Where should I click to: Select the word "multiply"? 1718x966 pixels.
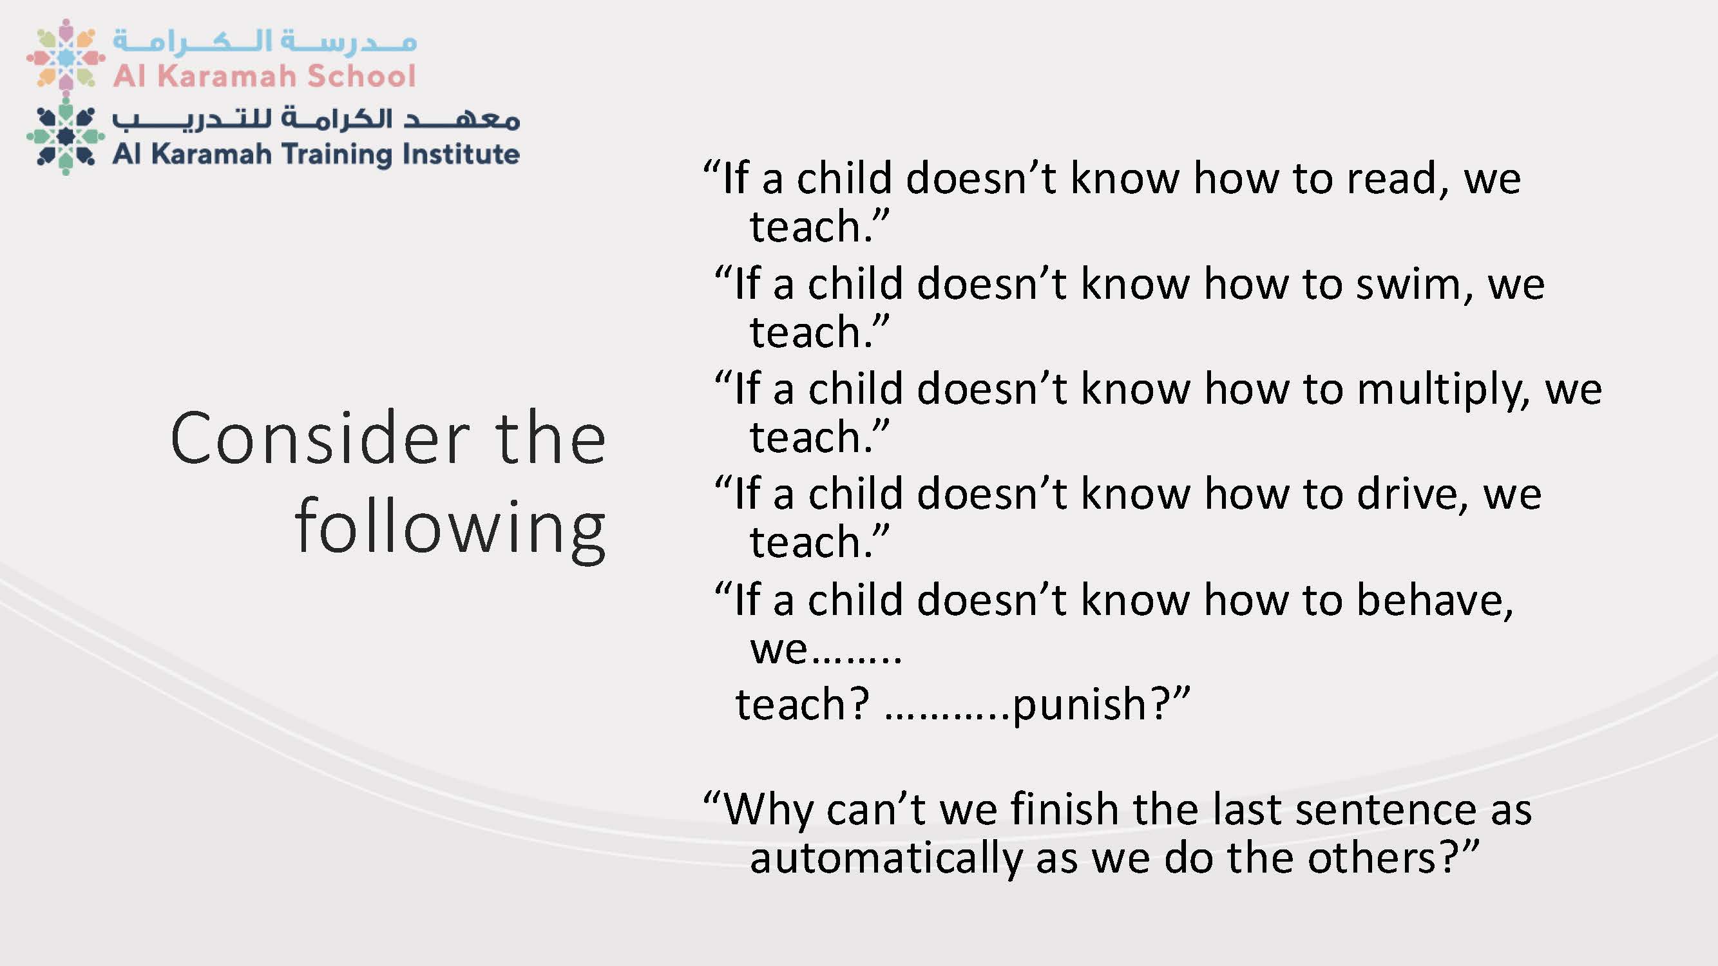pyautogui.click(x=1443, y=390)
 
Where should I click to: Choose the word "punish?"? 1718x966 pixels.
pyautogui.click(x=1101, y=705)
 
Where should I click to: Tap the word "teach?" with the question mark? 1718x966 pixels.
pyautogui.click(x=802, y=704)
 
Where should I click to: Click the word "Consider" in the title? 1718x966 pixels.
pyautogui.click(x=320, y=439)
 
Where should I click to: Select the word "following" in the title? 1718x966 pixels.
pyautogui.click(x=450, y=527)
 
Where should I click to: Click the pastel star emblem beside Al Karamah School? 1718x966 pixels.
pyautogui.click(x=65, y=56)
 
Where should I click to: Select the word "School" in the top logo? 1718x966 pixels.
pyautogui.click(x=361, y=76)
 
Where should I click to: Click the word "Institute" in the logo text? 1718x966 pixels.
pyautogui.click(x=461, y=154)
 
